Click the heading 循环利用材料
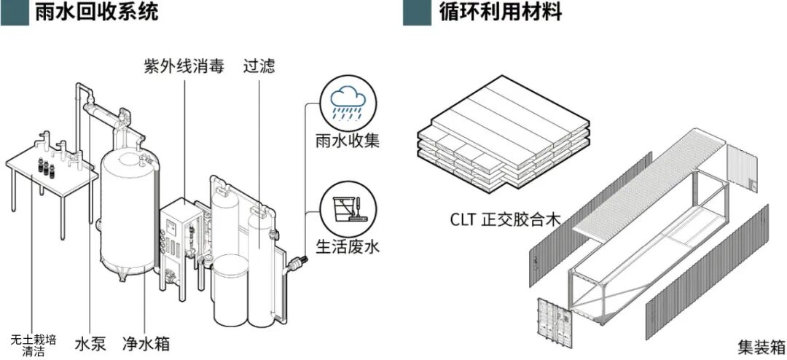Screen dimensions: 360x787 coord(499,12)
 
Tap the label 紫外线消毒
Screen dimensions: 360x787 coord(183,66)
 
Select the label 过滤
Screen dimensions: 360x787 coord(260,66)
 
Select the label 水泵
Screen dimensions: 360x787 coord(90,343)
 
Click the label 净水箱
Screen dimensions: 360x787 coord(146,343)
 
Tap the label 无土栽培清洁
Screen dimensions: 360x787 coord(30,344)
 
